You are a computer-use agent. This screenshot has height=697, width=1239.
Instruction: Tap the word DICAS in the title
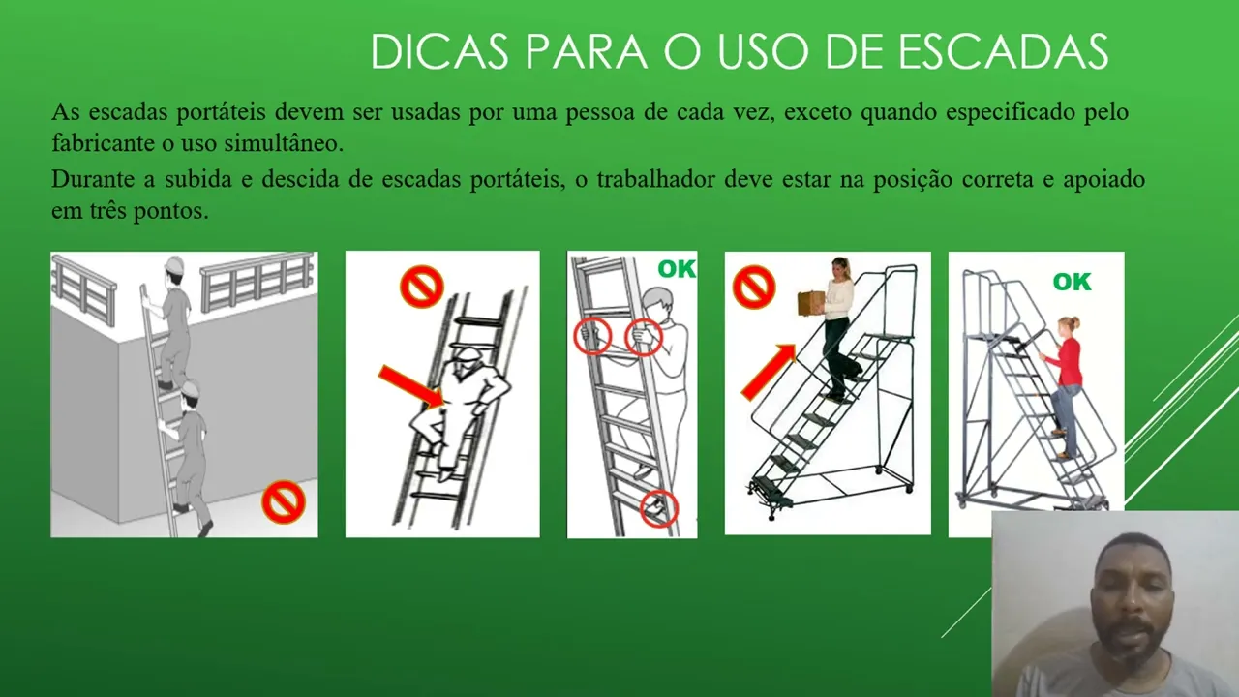(x=439, y=51)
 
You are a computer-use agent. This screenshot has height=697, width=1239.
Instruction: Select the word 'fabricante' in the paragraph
(x=103, y=143)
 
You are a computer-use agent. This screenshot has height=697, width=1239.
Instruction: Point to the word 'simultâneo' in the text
(x=284, y=143)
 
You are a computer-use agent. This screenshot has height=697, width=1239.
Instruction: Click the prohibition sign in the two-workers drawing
(x=284, y=501)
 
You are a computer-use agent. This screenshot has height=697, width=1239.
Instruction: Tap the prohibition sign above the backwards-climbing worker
(x=421, y=287)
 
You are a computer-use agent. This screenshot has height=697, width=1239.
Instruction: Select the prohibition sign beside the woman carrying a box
(x=754, y=287)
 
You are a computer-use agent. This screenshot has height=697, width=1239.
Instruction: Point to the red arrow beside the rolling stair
(x=769, y=371)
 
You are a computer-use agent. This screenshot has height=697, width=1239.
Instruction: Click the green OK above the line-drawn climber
(x=677, y=269)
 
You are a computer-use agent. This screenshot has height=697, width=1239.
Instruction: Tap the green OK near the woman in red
(x=1072, y=282)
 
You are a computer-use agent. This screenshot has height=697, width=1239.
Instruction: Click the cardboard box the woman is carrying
(x=812, y=304)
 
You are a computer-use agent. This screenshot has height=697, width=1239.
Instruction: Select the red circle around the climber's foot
(x=659, y=508)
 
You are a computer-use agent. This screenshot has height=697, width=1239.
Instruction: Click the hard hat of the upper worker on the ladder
(x=174, y=264)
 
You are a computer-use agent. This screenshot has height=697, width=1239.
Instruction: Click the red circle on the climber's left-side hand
(x=591, y=336)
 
